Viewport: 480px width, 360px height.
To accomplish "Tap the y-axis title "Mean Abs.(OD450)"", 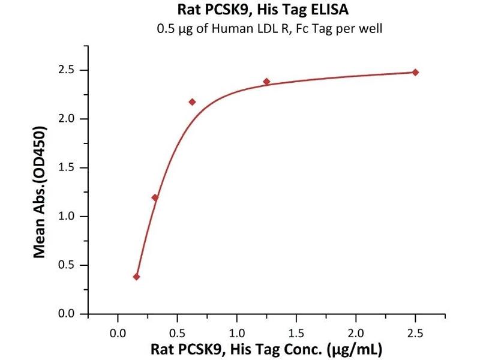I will (x=40, y=192).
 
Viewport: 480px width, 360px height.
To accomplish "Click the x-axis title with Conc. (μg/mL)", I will (x=266, y=349).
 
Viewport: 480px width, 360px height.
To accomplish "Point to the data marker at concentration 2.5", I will (x=415, y=72).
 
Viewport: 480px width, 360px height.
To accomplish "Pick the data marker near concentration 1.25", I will (x=266, y=81).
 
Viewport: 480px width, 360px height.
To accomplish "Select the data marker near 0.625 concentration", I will (x=192, y=102).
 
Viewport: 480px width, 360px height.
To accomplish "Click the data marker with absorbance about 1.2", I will (x=155, y=197).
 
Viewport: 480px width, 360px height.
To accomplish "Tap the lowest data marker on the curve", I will (x=136, y=277).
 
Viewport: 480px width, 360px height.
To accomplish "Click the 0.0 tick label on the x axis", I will (x=118, y=331).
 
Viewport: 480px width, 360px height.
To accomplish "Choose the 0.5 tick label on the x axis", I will (x=178, y=331).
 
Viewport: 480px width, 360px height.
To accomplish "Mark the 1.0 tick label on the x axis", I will (x=237, y=331).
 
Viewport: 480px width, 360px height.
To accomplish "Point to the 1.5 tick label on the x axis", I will (x=296, y=331).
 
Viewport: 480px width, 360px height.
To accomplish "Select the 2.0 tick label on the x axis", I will (x=356, y=331).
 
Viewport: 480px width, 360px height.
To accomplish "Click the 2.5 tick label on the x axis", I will (x=415, y=331).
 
